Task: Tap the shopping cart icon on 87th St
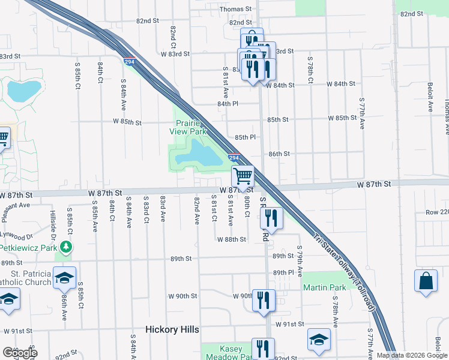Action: tap(243, 176)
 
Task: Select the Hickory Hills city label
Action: tap(172, 329)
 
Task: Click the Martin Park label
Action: tap(324, 287)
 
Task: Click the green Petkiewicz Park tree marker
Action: tap(70, 247)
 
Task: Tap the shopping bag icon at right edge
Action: tap(426, 282)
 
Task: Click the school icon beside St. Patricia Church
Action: tap(64, 278)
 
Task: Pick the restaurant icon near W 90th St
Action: tap(263, 300)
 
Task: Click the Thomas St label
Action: tap(235, 9)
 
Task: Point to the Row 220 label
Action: tap(437, 212)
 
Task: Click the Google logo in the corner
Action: tap(19, 353)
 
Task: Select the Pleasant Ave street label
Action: tap(16, 205)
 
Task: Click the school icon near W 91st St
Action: tap(319, 340)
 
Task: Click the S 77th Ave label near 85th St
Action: tap(361, 113)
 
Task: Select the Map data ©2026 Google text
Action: tap(412, 355)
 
